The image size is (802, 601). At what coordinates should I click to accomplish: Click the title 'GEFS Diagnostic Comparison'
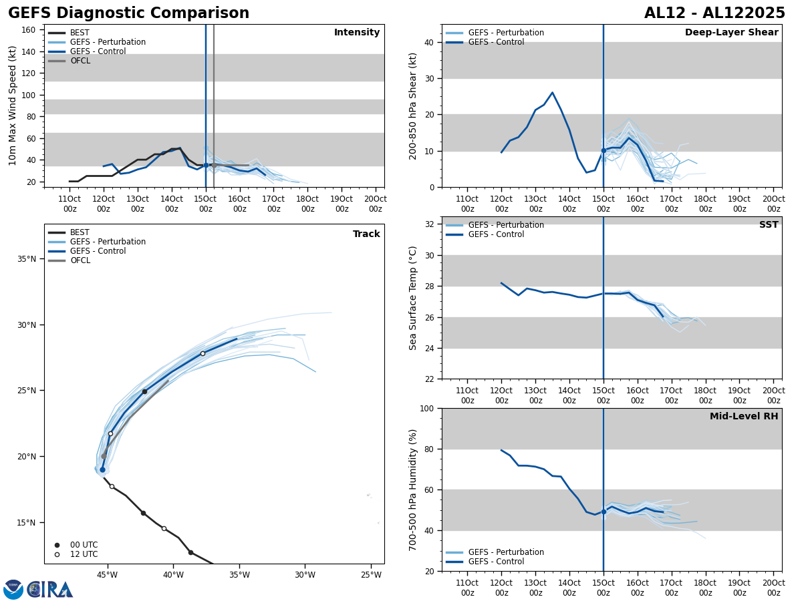click(128, 13)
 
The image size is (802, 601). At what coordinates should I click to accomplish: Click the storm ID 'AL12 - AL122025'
click(714, 13)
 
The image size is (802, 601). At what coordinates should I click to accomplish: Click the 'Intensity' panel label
click(357, 33)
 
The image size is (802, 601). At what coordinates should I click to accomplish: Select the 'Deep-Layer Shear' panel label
click(731, 33)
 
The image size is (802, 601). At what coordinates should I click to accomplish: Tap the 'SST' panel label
click(769, 225)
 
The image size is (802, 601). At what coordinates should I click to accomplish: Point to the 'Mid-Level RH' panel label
click(744, 417)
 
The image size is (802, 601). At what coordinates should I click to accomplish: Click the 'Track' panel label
click(366, 234)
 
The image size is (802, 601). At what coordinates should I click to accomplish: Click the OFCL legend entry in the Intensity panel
click(80, 61)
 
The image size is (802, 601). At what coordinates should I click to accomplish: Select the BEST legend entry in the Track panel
click(80, 233)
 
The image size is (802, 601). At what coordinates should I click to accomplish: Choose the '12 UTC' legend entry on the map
click(84, 554)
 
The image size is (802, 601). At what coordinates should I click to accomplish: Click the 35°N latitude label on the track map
click(27, 259)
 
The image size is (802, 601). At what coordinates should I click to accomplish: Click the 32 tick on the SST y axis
click(429, 224)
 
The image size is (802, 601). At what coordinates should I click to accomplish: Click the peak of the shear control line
click(552, 92)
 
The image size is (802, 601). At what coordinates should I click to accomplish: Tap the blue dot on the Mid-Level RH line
click(604, 512)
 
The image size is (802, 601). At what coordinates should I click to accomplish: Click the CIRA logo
click(49, 590)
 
